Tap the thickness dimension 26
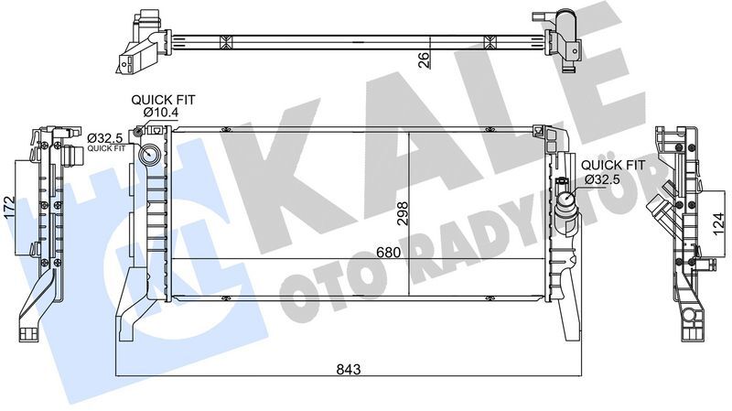[424, 59]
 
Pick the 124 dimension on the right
[718, 220]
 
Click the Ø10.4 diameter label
[162, 112]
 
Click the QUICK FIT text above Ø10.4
[162, 99]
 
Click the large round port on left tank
[148, 154]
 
